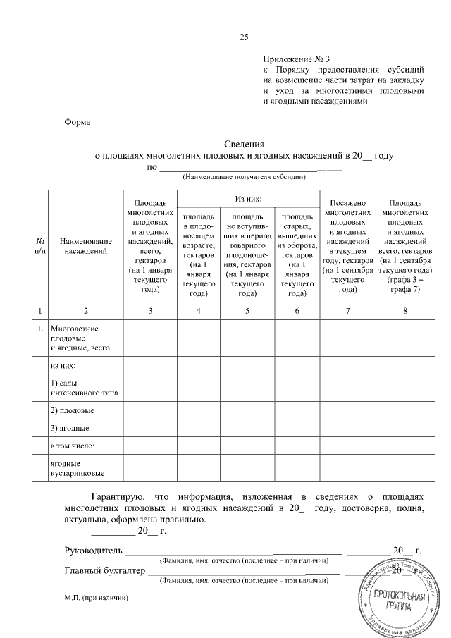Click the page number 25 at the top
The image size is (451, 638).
click(x=245, y=37)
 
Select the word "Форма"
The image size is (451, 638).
click(x=78, y=121)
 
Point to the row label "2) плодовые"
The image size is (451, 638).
click(x=72, y=410)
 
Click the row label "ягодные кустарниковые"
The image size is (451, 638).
click(x=77, y=469)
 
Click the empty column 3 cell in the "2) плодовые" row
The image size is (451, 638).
click(x=149, y=410)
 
